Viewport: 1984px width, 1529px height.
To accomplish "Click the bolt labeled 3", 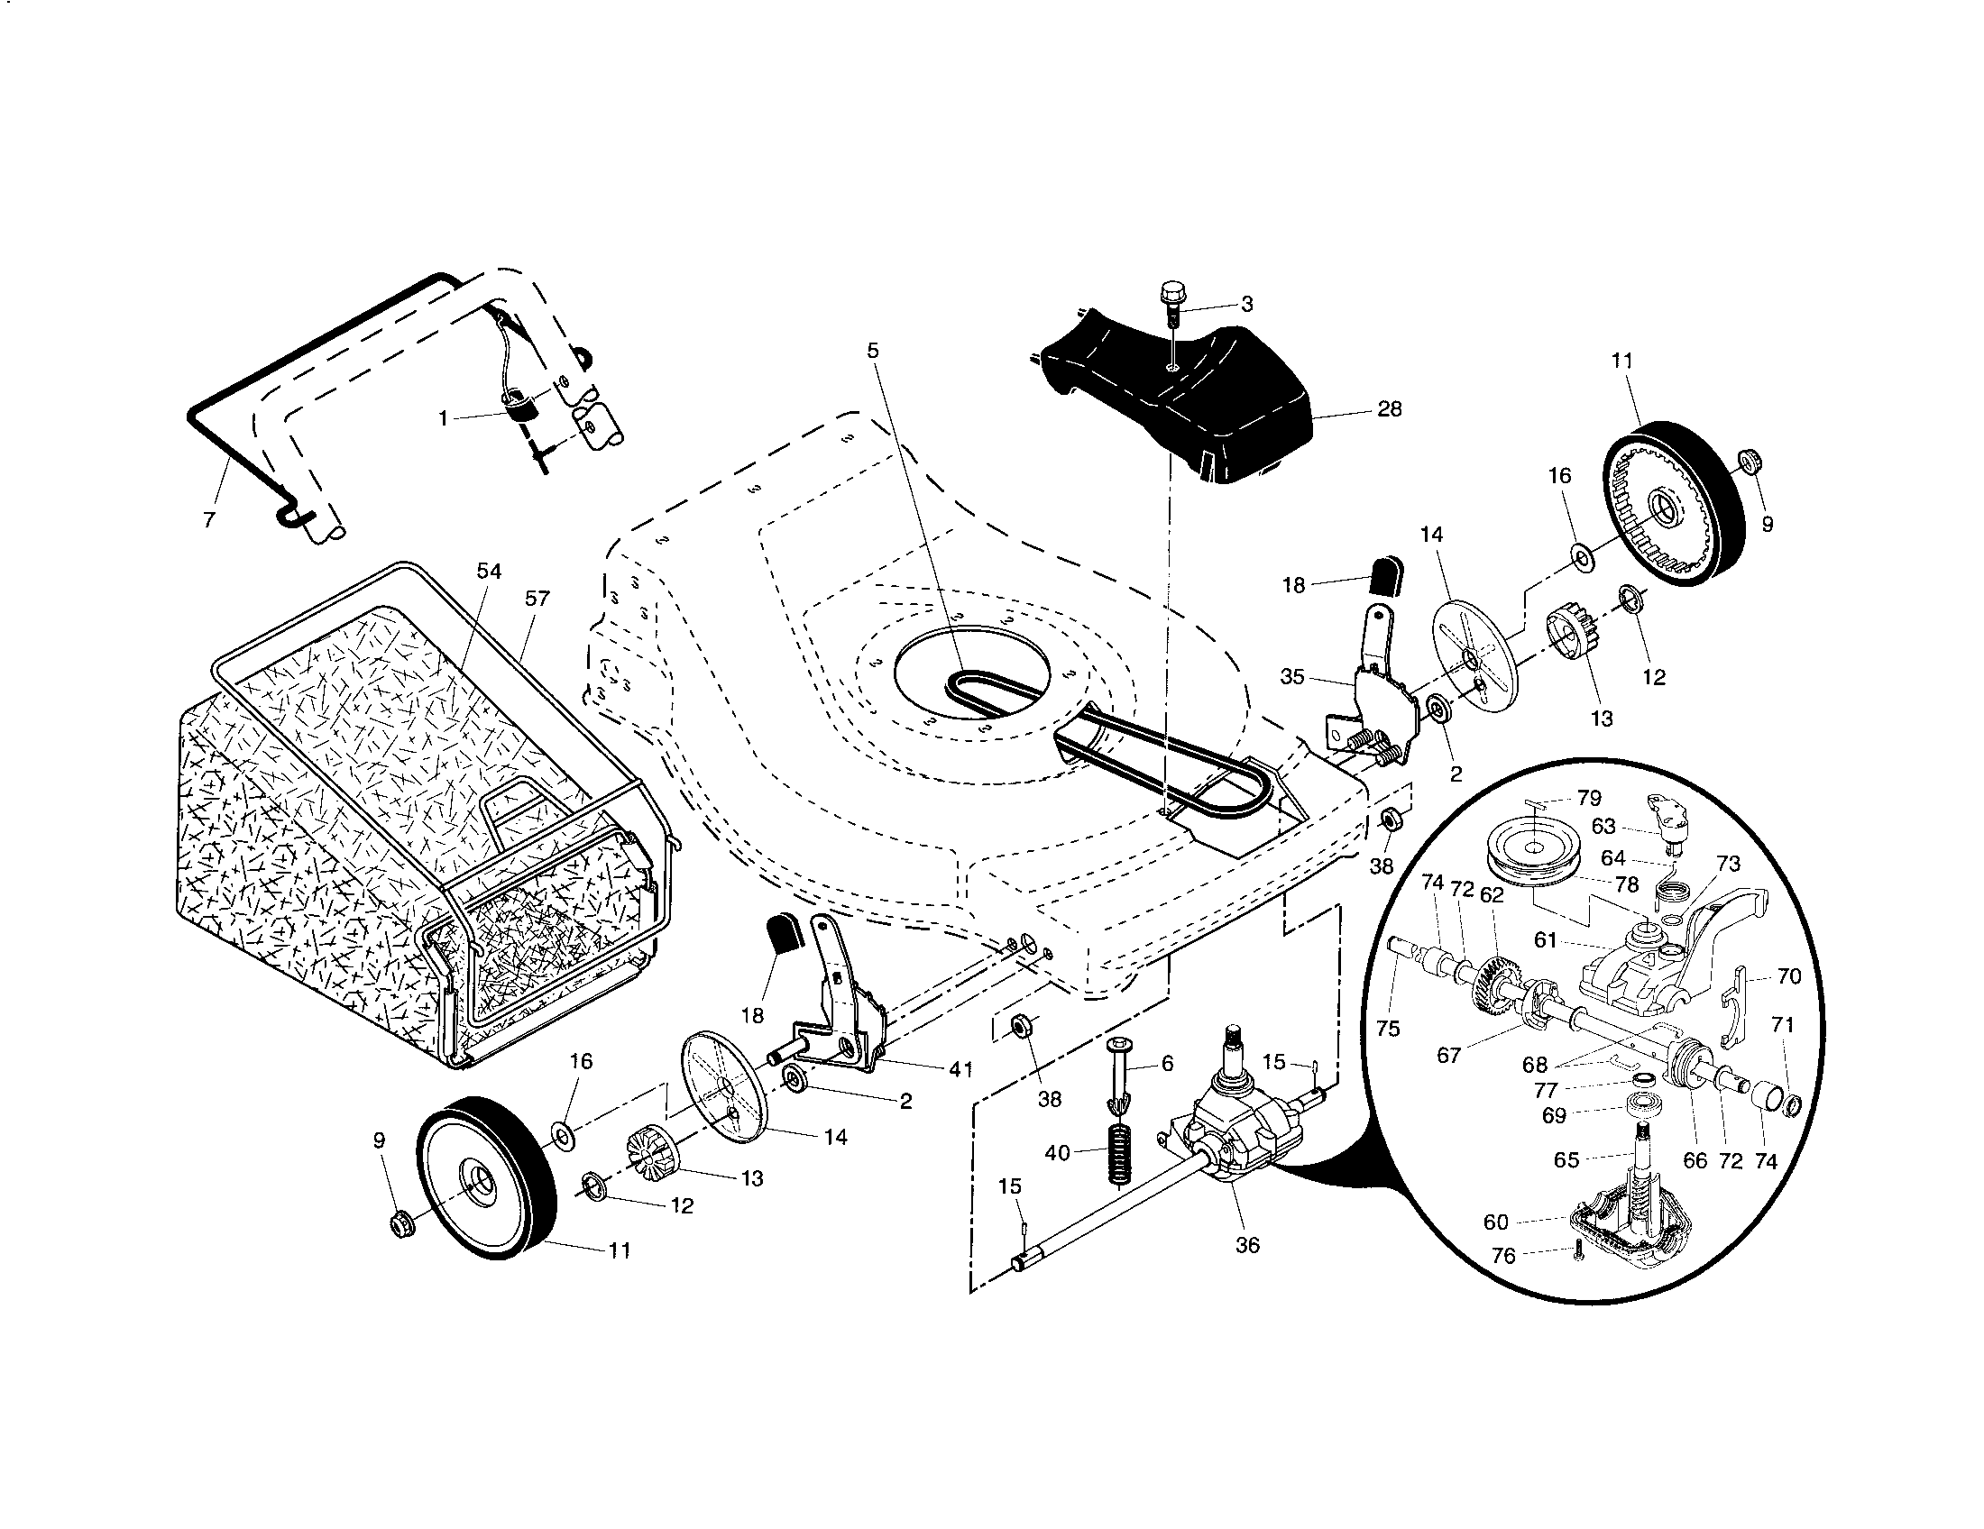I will [1170, 304].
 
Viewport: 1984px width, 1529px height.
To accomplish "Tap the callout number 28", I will [1389, 409].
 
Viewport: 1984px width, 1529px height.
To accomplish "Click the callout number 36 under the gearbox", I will [1248, 1245].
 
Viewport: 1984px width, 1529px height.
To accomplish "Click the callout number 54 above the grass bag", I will [489, 571].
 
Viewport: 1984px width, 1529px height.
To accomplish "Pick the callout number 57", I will [537, 599].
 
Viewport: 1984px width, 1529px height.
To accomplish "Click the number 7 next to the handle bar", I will [210, 520].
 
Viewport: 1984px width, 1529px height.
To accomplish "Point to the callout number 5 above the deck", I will [873, 350].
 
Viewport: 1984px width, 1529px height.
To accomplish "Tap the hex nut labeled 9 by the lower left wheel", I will [399, 1226].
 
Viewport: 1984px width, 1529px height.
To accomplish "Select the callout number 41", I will [960, 1069].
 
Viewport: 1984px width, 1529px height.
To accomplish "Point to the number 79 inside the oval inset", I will [1589, 798].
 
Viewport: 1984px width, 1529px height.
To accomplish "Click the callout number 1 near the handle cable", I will [444, 417].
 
